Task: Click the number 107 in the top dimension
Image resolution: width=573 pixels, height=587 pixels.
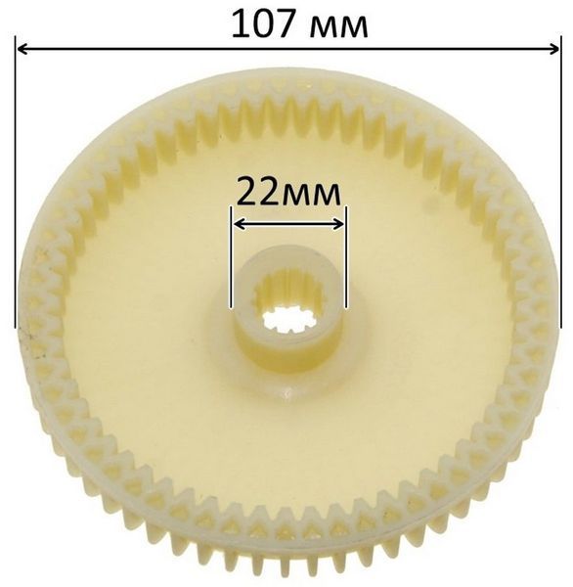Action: coord(267,23)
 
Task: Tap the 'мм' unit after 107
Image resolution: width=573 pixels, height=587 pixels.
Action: coord(340,28)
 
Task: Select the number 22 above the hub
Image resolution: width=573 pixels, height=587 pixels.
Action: coord(259,192)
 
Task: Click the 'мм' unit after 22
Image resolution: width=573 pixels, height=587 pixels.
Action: coord(311,196)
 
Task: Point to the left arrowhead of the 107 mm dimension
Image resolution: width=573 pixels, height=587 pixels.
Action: coord(22,49)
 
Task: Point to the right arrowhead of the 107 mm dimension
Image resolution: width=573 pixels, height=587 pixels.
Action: coord(553,49)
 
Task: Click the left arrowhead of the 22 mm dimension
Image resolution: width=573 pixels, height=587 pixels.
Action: coord(240,224)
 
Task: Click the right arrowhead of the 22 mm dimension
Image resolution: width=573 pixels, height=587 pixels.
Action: coord(338,224)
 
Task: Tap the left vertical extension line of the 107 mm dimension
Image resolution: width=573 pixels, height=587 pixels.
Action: coord(16,182)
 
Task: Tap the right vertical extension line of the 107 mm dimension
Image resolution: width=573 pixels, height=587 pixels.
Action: coord(560,181)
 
